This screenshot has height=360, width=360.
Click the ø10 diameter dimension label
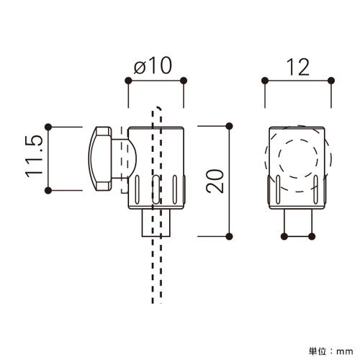coord(153,66)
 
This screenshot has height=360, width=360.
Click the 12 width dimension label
coord(298,67)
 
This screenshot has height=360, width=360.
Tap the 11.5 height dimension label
coord(35,157)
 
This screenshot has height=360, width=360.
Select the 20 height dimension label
coord(215,181)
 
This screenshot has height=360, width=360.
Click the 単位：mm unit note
coord(331,351)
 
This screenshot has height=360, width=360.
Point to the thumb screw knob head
coord(100,158)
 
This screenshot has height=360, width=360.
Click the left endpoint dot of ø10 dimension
coord(128,81)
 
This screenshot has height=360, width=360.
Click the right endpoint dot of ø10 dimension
coord(184,81)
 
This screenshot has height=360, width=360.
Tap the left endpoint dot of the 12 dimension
coord(265,81)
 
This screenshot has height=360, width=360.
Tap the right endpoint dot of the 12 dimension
coord(331,81)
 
